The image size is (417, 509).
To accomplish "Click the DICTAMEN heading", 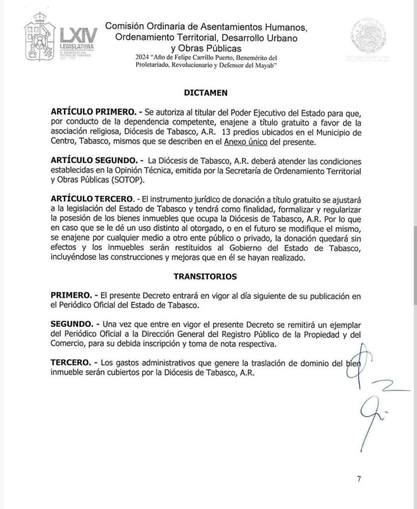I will pos(206,92).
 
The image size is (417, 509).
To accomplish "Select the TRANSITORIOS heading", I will pos(205,276).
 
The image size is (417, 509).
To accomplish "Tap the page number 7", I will pos(359,479).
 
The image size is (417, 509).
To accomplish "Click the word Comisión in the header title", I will pos(124,27).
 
